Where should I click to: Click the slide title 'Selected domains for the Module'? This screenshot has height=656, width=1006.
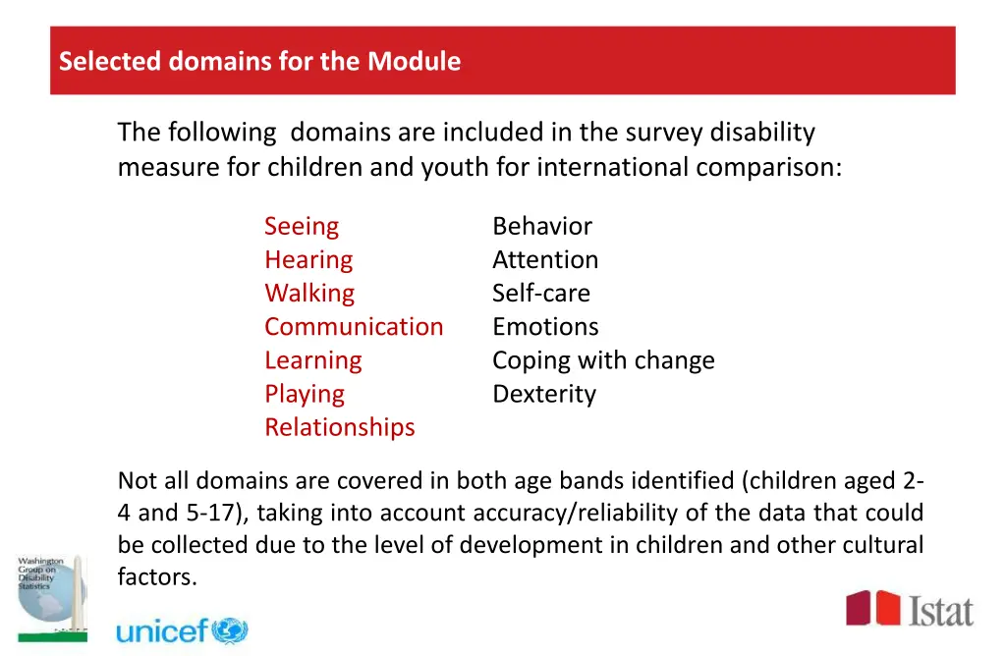tap(259, 61)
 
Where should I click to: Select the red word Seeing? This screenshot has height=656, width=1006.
tap(301, 226)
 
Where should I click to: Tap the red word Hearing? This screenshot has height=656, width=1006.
tap(307, 259)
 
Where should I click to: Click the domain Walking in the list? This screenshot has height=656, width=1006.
tap(308, 293)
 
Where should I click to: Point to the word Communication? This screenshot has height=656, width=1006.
tap(353, 326)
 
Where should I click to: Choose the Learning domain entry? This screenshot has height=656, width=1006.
tap(312, 360)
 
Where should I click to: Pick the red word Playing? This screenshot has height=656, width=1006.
tap(304, 394)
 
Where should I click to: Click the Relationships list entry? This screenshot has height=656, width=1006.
tap(339, 427)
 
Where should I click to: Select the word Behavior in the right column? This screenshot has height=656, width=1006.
tap(541, 226)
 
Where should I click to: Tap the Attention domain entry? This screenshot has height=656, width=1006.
tap(544, 259)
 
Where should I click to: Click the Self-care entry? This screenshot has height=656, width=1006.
tap(540, 293)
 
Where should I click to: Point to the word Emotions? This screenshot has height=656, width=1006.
tap(544, 326)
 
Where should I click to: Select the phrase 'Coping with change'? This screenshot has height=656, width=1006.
tap(602, 360)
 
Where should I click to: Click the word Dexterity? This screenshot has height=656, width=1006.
tap(543, 394)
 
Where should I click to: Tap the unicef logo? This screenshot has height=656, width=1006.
tap(182, 629)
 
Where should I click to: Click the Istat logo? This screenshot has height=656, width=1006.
tap(910, 609)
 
